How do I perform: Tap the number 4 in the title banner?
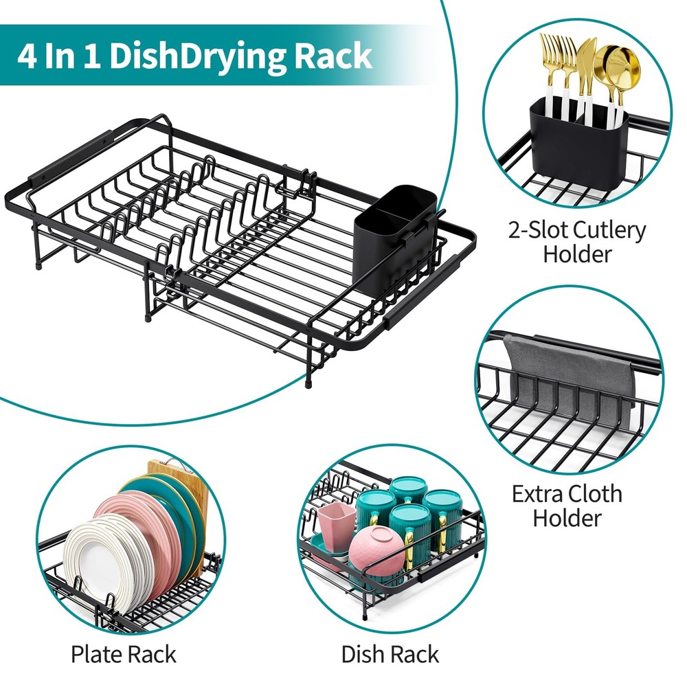pyautogui.click(x=28, y=56)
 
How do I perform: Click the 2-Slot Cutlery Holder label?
pyautogui.click(x=577, y=242)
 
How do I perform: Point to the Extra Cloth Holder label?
pyautogui.click(x=567, y=505)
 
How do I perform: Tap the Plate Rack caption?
pyautogui.click(x=124, y=654)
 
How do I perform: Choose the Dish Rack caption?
pyautogui.click(x=390, y=654)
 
